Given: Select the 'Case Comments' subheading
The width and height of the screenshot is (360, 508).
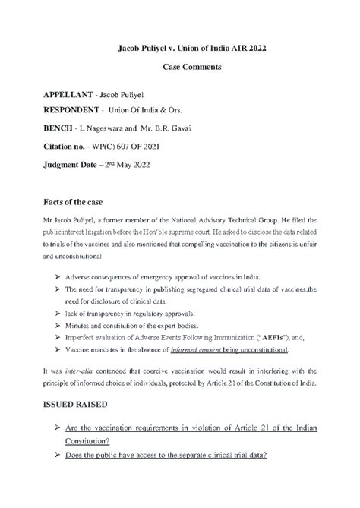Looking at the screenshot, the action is pos(180,68).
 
